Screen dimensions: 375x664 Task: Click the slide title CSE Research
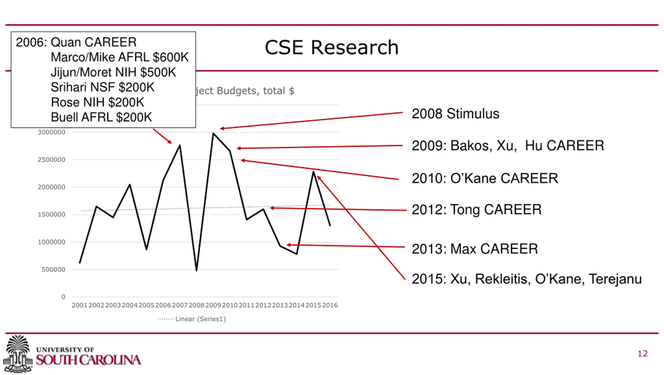331,48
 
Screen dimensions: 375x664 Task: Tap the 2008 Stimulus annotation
455,114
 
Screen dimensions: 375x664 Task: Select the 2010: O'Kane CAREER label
485,178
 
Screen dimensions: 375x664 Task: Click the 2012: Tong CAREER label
476,210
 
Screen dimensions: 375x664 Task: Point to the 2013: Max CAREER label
475,249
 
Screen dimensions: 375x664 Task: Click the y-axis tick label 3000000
51,132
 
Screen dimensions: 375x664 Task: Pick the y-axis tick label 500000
53,269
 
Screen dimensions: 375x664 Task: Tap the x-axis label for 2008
196,305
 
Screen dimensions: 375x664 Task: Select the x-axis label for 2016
330,305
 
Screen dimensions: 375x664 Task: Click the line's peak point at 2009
213,133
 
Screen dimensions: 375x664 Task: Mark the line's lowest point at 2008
197,270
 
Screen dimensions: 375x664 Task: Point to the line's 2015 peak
313,172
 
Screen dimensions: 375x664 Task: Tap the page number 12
642,354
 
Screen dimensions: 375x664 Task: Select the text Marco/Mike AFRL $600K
120,57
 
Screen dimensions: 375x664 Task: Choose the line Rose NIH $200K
97,102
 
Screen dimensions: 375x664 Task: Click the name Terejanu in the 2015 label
615,279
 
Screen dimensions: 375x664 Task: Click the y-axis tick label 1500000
51,215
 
